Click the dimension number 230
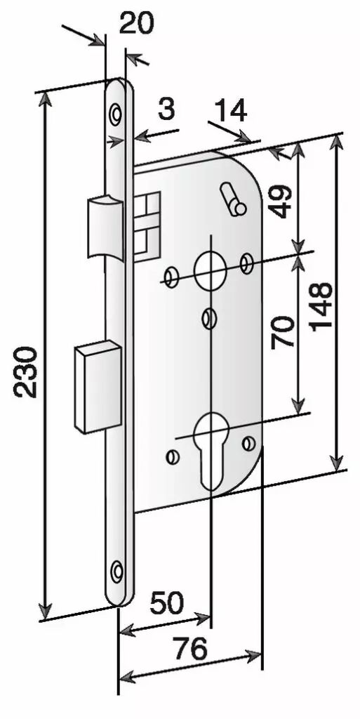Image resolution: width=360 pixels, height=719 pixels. coord(25,371)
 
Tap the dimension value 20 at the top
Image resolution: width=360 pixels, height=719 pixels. coord(136,23)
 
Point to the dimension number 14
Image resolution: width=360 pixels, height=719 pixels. coord(231,111)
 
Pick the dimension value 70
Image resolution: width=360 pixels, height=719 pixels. coord(281,332)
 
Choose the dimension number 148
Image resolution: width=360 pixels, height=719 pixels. coord(320,306)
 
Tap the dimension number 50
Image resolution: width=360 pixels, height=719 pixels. coord(167,603)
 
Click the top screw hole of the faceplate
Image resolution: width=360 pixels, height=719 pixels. coord(115,113)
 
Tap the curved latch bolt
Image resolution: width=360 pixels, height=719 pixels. coord(105,227)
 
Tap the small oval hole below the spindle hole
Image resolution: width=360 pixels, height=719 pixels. coord(209,318)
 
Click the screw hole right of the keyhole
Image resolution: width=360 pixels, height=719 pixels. coord(248,443)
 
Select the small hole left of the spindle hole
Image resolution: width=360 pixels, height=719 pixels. coord(173,277)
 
